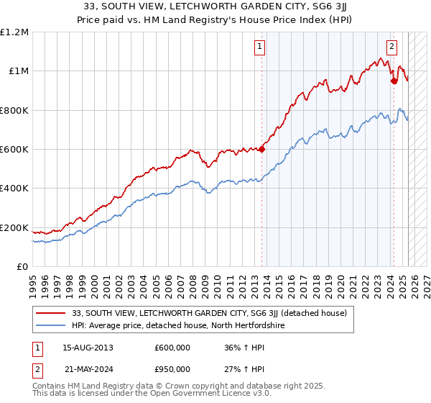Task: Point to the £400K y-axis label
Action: pos(14,189)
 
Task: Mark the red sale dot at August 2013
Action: pos(261,149)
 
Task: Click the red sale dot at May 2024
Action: pos(394,81)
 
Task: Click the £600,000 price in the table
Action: pos(172,348)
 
